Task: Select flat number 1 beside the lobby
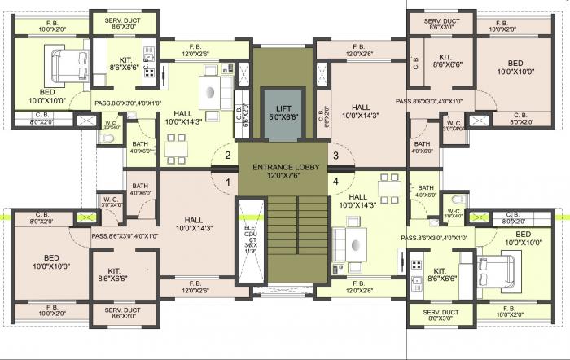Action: pyautogui.click(x=228, y=182)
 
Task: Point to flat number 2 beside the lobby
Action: pyautogui.click(x=228, y=155)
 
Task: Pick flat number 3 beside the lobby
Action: pyautogui.click(x=335, y=155)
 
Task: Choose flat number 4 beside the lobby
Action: pyautogui.click(x=335, y=181)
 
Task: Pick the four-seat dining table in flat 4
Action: pyautogui.click(x=390, y=191)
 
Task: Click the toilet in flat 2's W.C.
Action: pyautogui.click(x=108, y=138)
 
